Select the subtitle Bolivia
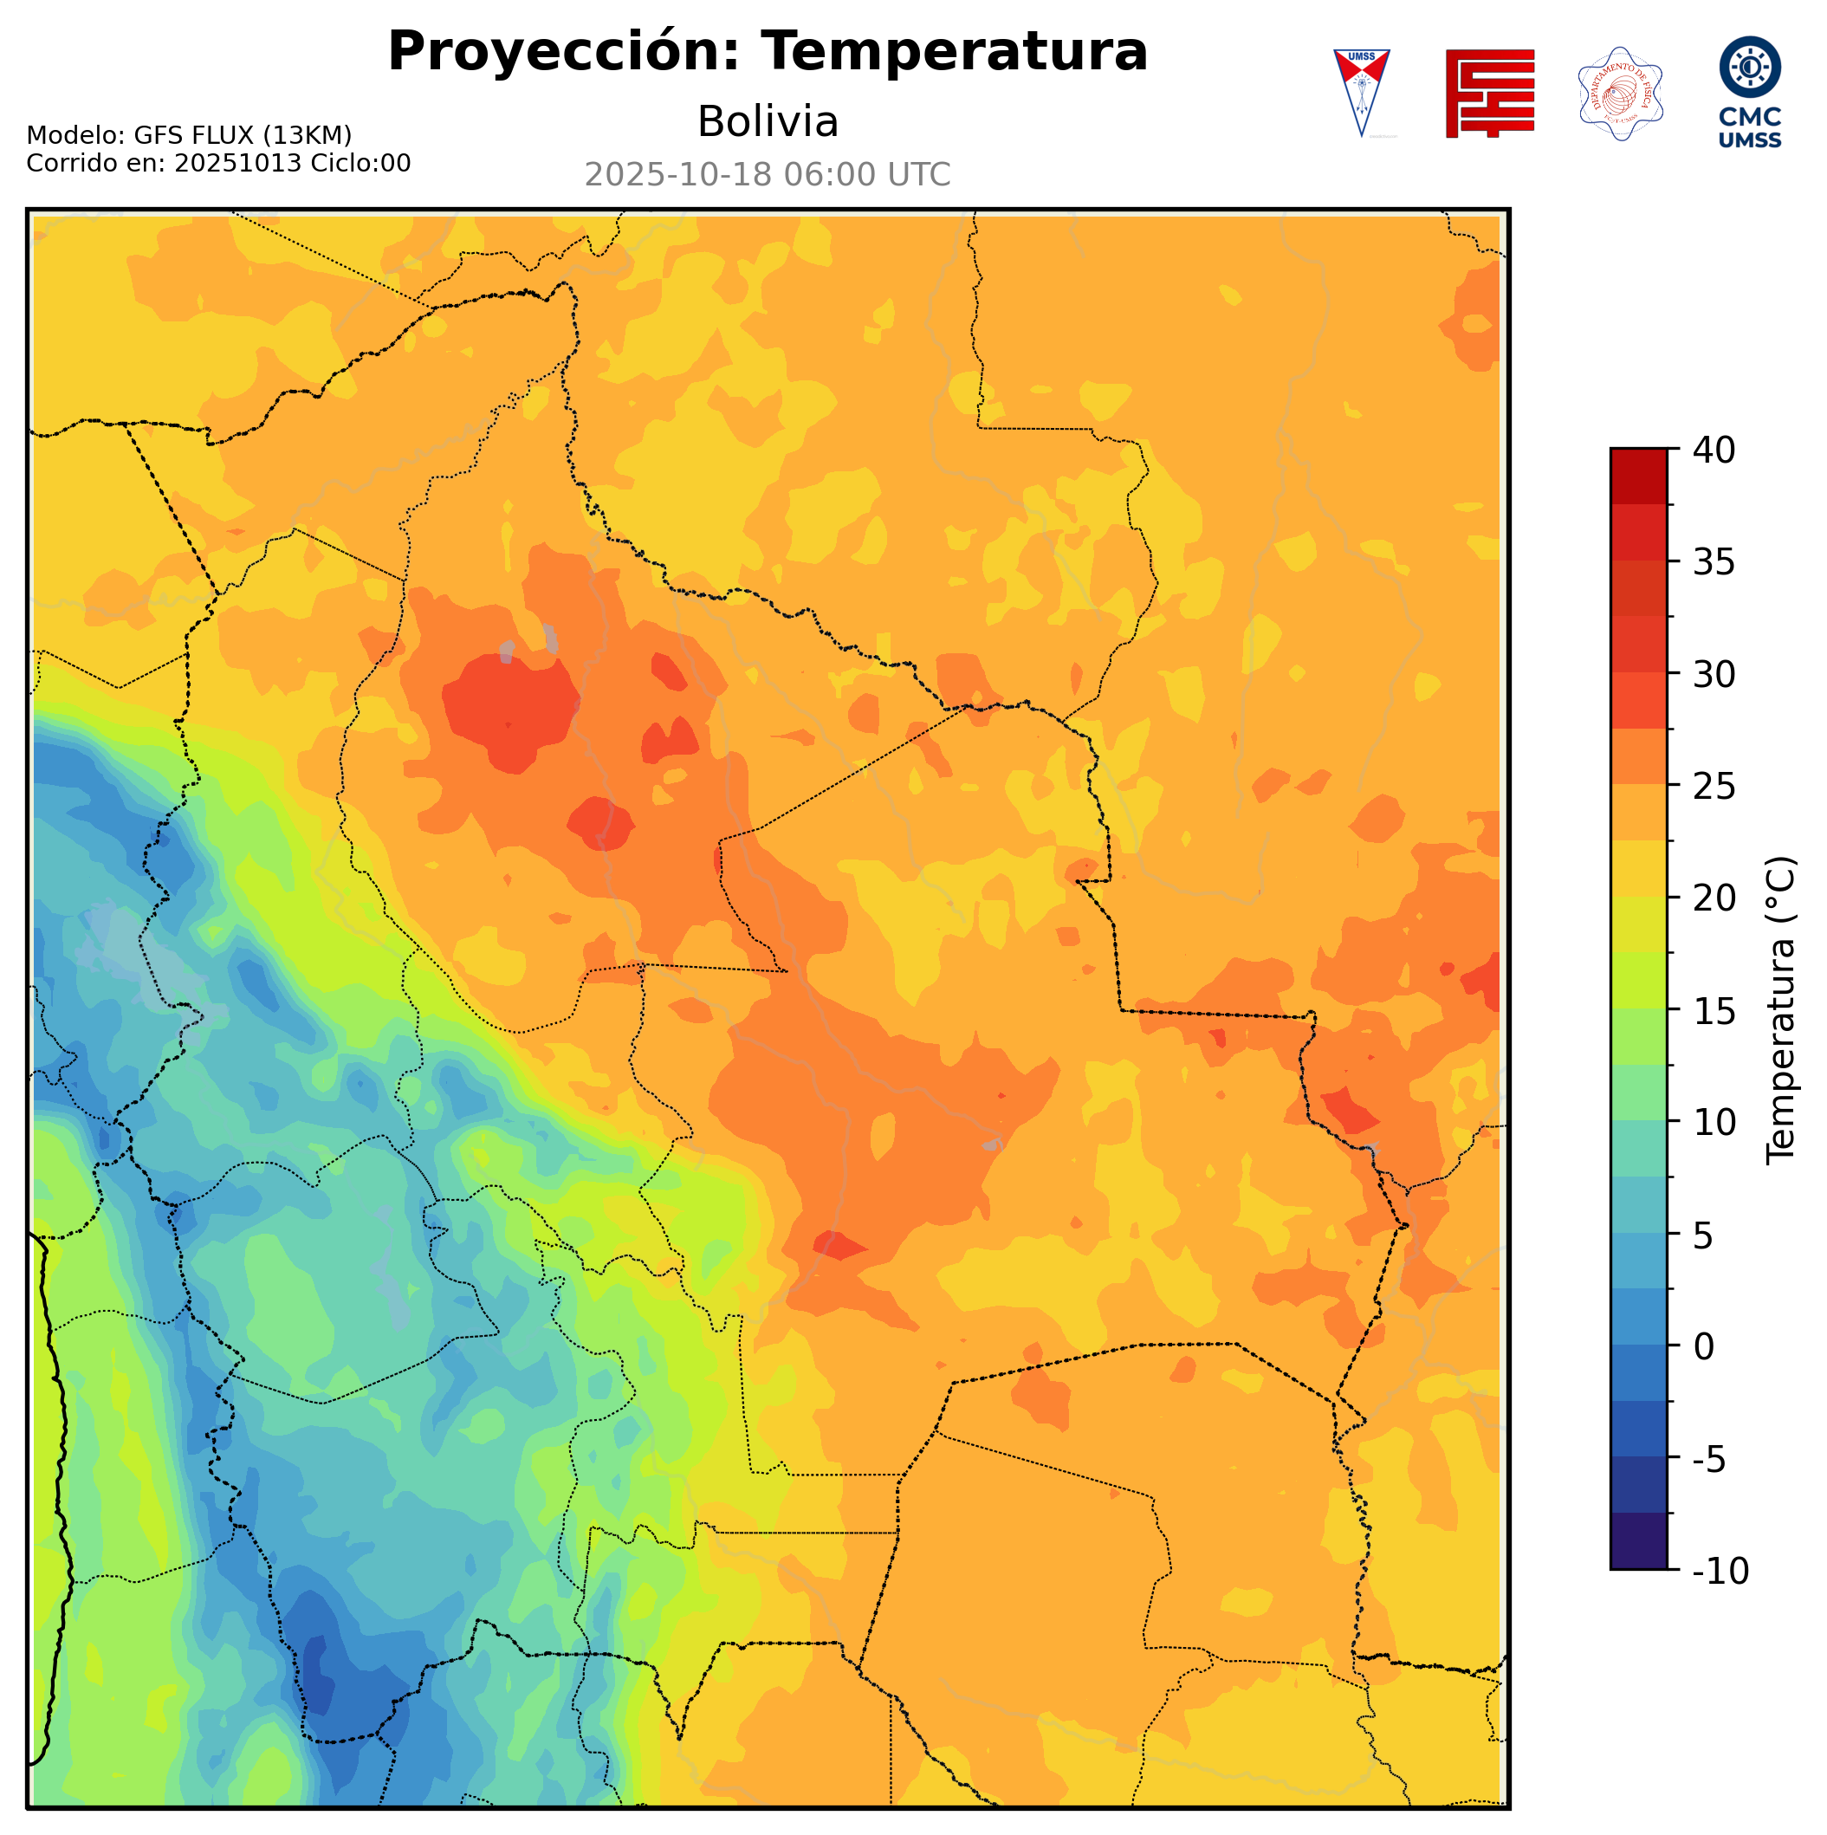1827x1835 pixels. [x=768, y=121]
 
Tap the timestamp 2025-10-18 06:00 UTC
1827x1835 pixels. [x=768, y=175]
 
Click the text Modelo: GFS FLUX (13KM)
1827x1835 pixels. [x=189, y=136]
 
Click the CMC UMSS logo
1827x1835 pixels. [x=1749, y=92]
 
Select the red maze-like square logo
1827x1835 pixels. [x=1489, y=93]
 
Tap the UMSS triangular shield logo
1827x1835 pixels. [x=1361, y=92]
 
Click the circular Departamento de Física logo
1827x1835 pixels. [x=1620, y=93]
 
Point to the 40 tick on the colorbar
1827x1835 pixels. [x=1714, y=451]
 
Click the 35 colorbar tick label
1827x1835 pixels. [x=1714, y=562]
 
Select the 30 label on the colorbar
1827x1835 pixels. [x=1714, y=674]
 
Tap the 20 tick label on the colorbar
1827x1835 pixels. [x=1714, y=898]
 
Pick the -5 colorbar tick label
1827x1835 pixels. [x=1709, y=1459]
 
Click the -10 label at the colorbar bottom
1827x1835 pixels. [x=1720, y=1571]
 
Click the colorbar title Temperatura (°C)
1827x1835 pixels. [x=1780, y=1009]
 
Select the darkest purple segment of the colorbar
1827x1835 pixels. [x=1638, y=1540]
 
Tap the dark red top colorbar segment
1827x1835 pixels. [x=1638, y=476]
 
